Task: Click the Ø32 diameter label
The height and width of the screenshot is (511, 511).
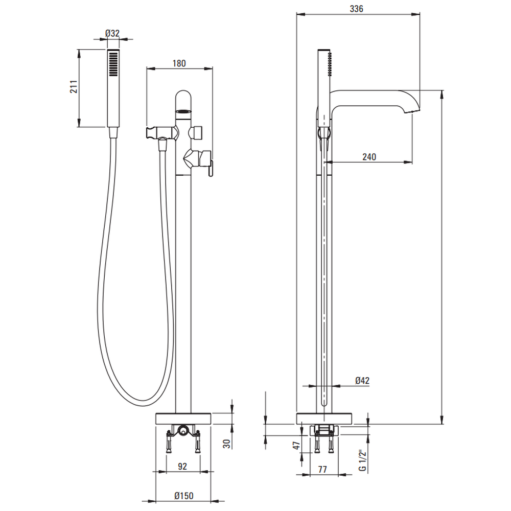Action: tap(112, 33)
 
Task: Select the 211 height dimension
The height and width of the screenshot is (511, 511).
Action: tap(74, 87)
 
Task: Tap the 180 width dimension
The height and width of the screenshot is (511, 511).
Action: tap(179, 63)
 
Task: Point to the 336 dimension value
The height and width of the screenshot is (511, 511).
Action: tap(356, 9)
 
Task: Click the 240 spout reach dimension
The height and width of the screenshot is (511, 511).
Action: tap(369, 157)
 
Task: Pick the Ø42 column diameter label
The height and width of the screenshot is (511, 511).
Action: tap(362, 381)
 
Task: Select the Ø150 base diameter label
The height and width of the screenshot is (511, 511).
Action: tap(184, 496)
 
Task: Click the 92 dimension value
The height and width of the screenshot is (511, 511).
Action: tap(182, 467)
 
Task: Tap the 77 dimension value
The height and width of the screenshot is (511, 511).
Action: tap(322, 470)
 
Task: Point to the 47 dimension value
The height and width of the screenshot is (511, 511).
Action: tap(296, 446)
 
